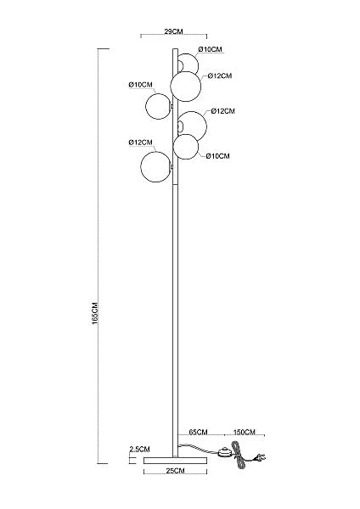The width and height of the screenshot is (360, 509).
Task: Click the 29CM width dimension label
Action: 173,31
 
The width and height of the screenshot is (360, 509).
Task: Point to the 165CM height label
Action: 95,313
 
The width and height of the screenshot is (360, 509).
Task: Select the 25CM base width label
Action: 175,471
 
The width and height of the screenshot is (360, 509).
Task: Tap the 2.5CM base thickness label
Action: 140,450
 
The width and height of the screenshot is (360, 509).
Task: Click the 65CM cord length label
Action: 198,432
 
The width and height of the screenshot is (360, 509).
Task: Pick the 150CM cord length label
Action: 245,432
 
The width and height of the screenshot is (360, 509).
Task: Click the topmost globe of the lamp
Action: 188,64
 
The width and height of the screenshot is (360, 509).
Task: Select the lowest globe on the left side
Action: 156,166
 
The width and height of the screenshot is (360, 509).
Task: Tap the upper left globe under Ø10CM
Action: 158,106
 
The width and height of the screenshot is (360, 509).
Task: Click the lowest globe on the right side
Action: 186,147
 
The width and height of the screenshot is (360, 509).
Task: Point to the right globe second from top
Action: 186,87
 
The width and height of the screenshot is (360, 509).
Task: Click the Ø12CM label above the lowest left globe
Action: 140,143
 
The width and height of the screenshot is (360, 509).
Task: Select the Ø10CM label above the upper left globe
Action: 140,84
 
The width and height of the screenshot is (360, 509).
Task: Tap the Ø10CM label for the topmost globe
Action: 211,49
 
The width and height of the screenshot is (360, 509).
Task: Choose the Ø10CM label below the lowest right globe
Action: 217,156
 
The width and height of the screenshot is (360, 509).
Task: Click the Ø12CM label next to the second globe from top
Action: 220,76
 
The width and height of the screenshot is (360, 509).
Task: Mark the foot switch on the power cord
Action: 224,451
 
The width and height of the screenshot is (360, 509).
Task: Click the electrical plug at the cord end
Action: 260,458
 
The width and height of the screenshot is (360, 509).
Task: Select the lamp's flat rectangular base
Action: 175,461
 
